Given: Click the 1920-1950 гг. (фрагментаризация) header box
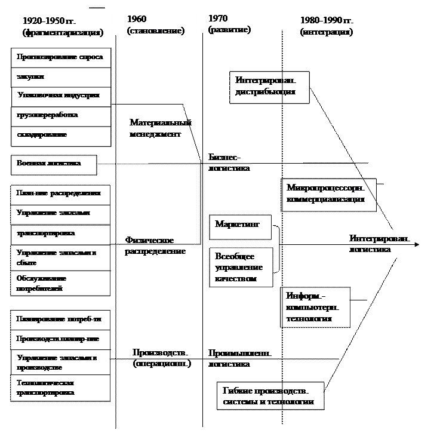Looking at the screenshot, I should [61, 26].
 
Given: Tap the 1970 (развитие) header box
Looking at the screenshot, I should [239, 24].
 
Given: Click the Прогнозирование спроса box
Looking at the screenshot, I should [61, 58].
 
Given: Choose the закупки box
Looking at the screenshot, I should [61, 77].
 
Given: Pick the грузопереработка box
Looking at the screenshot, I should [61, 115].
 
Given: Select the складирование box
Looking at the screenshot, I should [61, 136].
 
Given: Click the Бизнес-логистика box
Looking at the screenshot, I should [240, 162].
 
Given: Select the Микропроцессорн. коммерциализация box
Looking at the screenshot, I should [328, 194].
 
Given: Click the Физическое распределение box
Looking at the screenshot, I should [157, 245].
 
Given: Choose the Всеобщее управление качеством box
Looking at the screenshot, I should [241, 267].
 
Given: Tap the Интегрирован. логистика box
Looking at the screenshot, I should [381, 244].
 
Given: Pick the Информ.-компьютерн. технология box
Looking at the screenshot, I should [315, 308].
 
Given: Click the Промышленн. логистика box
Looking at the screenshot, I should [240, 358].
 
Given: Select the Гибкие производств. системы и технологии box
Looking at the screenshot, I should [270, 396].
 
